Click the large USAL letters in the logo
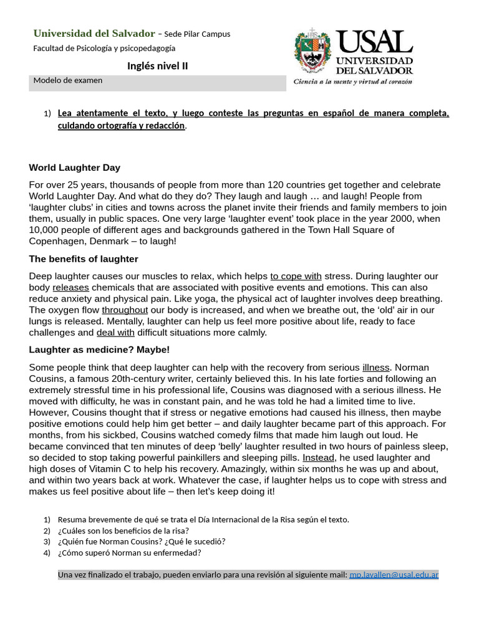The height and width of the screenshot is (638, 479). pos(374,42)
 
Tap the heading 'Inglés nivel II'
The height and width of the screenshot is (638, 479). pos(157,66)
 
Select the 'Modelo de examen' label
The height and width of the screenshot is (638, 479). pos(68,80)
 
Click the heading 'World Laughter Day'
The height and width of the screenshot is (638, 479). pos(75,168)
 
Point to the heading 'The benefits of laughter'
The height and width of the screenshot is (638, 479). pos(84,259)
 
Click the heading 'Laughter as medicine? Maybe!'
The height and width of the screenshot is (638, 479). pos(99,350)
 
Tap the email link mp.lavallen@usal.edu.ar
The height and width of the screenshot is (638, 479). pos(394,574)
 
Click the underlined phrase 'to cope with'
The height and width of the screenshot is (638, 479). pos(296,276)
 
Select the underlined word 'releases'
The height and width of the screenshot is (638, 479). pos(70,287)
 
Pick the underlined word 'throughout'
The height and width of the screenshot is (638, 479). pos(125,310)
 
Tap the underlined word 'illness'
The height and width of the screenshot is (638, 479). pos(375,367)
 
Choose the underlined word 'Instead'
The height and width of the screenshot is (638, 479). pos(319,457)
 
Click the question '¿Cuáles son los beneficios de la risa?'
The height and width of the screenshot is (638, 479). pos(123,531)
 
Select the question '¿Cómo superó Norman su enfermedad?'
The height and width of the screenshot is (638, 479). pos(129,553)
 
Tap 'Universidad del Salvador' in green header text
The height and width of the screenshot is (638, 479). pos(94,34)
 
